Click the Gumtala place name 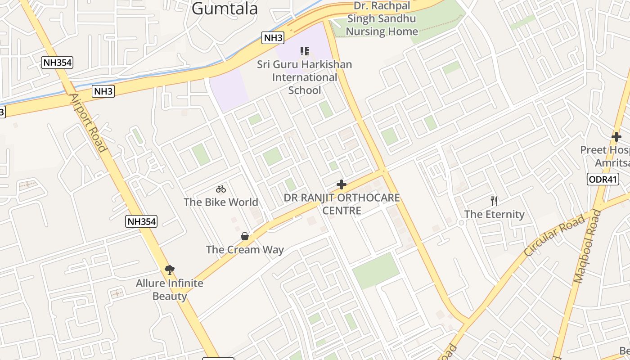225,9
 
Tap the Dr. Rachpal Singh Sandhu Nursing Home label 382,19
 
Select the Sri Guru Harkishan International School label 304,77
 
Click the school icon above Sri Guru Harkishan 304,51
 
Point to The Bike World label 220,202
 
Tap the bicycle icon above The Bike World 220,189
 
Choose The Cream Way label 245,250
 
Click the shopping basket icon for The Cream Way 244,236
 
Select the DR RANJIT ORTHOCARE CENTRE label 342,204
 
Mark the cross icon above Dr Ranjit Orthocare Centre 342,184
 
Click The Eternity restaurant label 494,214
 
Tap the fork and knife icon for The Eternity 494,201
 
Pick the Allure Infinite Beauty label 170,290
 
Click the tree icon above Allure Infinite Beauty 170,270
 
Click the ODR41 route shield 603,180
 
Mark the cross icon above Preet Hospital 616,136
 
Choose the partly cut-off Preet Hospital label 605,156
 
